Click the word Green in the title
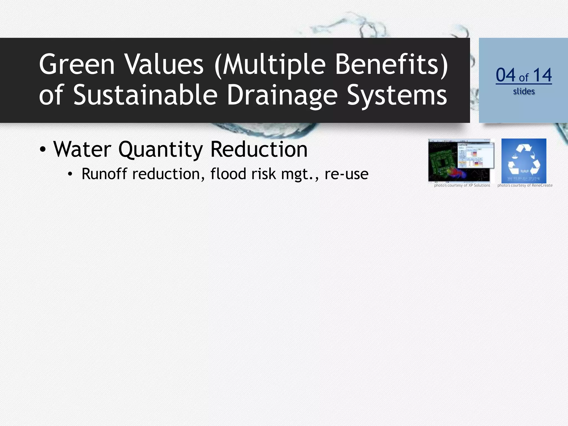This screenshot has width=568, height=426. (77, 64)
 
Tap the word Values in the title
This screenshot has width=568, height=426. (164, 64)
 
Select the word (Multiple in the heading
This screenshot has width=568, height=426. (270, 64)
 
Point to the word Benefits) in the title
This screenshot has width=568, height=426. (391, 64)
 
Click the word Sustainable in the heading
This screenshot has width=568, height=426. (145, 95)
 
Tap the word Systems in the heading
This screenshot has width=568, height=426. (397, 95)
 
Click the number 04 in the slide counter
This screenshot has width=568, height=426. (505, 75)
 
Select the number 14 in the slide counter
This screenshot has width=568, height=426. (542, 75)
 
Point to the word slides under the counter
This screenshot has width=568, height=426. (524, 91)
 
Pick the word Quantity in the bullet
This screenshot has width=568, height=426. (161, 150)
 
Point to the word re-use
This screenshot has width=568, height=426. (346, 174)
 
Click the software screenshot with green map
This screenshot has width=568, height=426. (461, 161)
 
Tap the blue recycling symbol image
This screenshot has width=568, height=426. (524, 161)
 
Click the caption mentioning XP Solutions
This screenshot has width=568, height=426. (462, 185)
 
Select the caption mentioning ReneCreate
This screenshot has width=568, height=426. (525, 185)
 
